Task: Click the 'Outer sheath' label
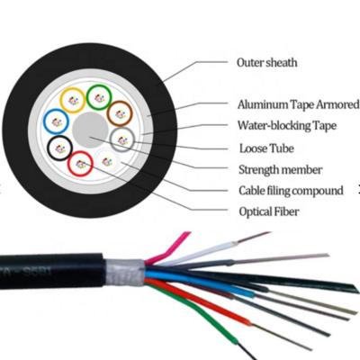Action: [266, 63]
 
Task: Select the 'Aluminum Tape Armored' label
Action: [298, 104]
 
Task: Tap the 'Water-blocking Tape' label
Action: [285, 126]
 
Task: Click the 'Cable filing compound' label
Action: [291, 191]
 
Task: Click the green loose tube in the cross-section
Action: [98, 93]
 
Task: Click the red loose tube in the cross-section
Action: [81, 163]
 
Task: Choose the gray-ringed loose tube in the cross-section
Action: [122, 138]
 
